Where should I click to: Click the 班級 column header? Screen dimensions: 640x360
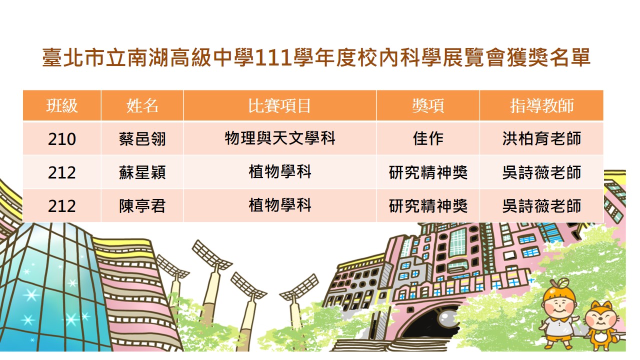[62, 105]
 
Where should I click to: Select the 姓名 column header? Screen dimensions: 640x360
[142, 105]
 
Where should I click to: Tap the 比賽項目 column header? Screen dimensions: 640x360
[279, 105]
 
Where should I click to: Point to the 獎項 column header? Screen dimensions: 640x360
[428, 105]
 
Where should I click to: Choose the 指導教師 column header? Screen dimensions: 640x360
[541, 105]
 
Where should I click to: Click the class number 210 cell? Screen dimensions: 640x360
[62, 139]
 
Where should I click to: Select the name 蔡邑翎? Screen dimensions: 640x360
[142, 139]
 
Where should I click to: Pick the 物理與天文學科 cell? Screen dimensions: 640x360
[280, 138]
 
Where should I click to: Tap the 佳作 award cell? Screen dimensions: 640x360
[428, 138]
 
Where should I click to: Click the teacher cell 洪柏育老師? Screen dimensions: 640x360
[541, 138]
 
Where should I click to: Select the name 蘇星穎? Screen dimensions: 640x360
[142, 172]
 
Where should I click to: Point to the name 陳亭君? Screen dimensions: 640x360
[142, 205]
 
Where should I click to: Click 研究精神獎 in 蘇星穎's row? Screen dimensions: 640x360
[428, 172]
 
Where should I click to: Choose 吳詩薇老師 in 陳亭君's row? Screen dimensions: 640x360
[541, 205]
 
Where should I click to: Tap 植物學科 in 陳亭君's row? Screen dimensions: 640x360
[280, 205]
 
